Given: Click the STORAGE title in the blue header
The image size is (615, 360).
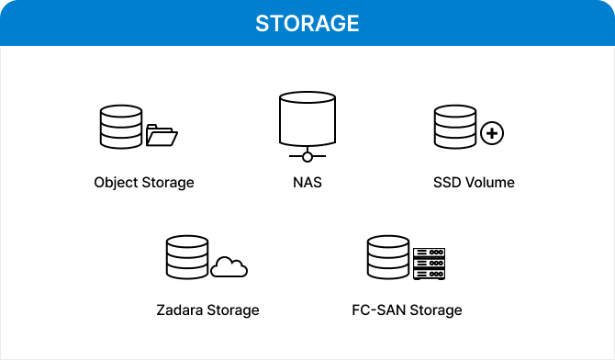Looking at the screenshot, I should (307, 23).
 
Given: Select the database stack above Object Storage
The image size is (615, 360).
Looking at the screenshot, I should (119, 126).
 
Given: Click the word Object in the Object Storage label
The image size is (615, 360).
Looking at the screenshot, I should (115, 183).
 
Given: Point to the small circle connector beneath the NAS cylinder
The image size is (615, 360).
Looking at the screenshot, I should (307, 157).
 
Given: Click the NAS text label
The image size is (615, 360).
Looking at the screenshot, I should (307, 182).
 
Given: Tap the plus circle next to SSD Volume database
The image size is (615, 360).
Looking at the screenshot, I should (493, 134).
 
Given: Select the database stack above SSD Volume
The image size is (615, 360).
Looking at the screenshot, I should (454, 126).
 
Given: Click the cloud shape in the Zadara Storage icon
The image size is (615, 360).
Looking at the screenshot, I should (229, 267).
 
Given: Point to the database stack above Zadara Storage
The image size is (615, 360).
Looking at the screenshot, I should (186, 258).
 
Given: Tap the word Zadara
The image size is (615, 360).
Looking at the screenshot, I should (180, 310).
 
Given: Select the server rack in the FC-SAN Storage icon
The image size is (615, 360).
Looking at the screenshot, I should (428, 264).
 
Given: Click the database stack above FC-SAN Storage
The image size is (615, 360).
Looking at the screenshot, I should (386, 258).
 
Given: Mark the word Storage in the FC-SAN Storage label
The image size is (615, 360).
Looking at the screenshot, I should (433, 310).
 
